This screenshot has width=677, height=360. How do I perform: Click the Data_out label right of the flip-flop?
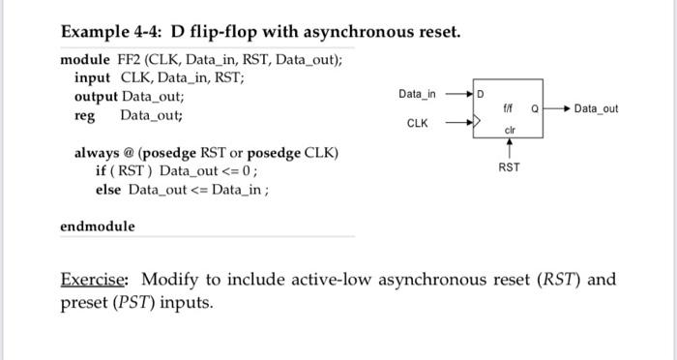(x=595, y=109)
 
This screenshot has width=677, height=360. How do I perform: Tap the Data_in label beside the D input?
(x=417, y=94)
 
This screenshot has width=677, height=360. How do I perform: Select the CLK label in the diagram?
(x=417, y=124)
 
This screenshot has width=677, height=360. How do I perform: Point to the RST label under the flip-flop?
(x=509, y=167)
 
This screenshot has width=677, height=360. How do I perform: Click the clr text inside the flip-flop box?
(x=509, y=130)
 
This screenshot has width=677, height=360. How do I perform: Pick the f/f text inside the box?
(x=510, y=109)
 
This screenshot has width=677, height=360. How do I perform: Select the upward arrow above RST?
(x=509, y=147)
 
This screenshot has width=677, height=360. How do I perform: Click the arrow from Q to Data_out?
(x=556, y=109)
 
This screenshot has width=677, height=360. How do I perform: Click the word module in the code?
(x=85, y=59)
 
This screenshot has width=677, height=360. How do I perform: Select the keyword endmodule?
(x=98, y=226)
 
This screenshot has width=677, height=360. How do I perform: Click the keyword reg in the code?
(x=85, y=115)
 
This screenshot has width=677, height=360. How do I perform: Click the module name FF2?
(x=130, y=59)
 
